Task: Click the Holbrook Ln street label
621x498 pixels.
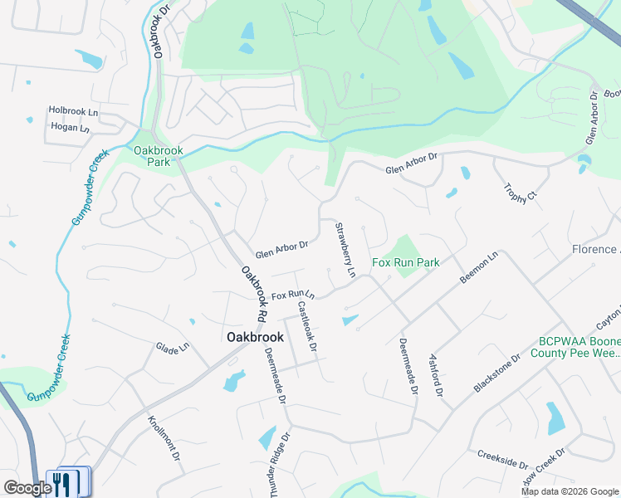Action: [73, 110]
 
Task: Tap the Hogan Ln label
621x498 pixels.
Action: [70, 128]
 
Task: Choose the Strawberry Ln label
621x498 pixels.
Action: [345, 249]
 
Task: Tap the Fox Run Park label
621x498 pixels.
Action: [404, 262]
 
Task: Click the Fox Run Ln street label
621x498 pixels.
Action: [293, 295]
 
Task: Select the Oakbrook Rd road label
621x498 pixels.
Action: [253, 294]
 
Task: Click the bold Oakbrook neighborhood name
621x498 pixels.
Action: [255, 337]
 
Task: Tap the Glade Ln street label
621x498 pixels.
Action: [173, 348]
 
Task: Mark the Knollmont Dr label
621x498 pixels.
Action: [164, 438]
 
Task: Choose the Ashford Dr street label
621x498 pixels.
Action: [437, 374]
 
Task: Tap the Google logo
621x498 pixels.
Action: [27, 488]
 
